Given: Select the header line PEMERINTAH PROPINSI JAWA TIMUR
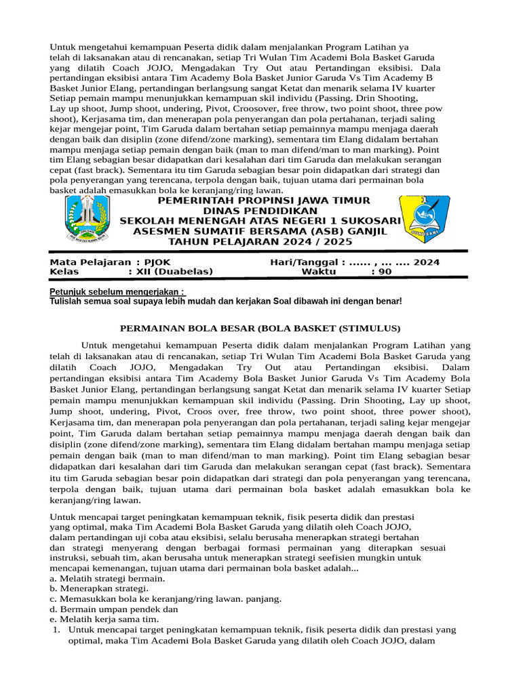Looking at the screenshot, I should pos(264,201).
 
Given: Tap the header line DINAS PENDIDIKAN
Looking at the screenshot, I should pos(260,211).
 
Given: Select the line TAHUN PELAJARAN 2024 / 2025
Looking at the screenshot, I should pos(261,241).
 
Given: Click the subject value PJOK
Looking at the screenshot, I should pos(159,262).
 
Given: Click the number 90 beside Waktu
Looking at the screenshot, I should pos(385,272).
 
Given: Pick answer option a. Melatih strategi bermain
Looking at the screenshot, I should pos(107,579).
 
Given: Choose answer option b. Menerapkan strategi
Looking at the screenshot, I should pos(98,589).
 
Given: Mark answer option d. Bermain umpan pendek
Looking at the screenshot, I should pos(113,609).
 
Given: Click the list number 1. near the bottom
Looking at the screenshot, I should pos(57,630).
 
